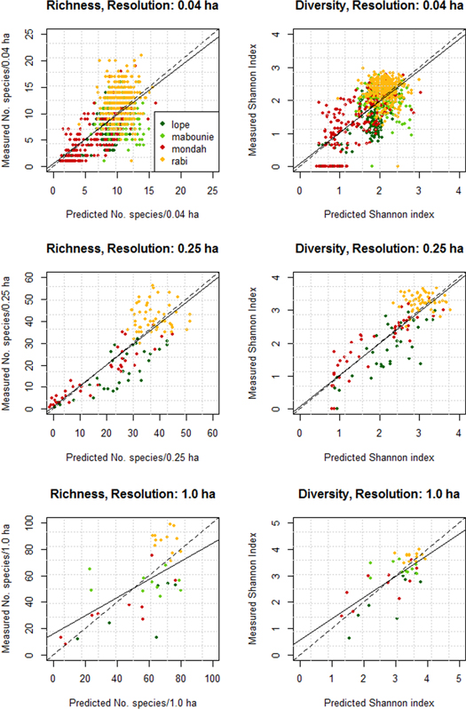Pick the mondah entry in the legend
point(187,147)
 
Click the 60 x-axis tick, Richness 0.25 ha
point(213,432)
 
